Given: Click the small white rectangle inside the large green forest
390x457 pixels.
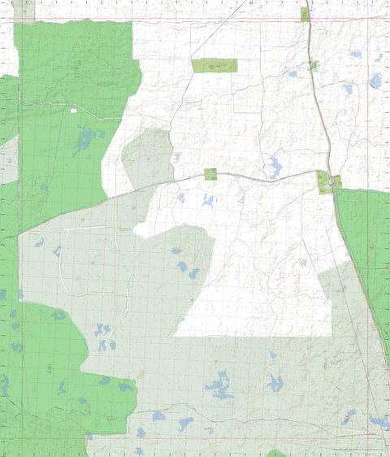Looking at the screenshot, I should [x=73, y=111].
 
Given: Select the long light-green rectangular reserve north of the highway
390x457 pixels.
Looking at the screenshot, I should [x=214, y=66].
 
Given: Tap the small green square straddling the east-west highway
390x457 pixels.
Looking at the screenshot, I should [x=210, y=173].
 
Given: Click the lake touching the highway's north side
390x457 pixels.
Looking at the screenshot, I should [x=275, y=168].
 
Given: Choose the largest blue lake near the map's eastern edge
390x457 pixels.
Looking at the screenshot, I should [x=375, y=81].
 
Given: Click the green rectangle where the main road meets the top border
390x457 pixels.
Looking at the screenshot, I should [x=305, y=14].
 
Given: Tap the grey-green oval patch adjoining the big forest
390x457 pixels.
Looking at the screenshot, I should [x=146, y=159].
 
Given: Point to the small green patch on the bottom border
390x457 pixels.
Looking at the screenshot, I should [x=276, y=453].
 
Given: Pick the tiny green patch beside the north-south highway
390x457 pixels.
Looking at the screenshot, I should [x=314, y=65].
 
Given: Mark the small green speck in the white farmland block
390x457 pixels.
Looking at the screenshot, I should [x=303, y=263].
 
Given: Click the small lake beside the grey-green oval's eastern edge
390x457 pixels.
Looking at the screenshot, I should [x=177, y=157].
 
